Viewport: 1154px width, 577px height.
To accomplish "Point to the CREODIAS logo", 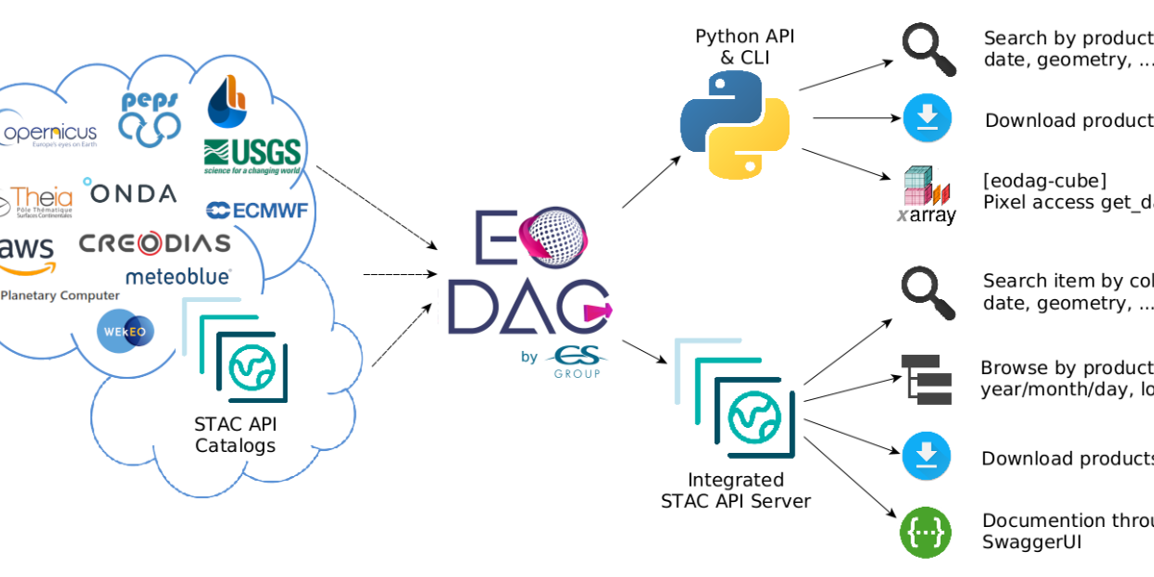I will coord(155,243).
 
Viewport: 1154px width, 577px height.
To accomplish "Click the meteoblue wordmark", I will coord(178,277).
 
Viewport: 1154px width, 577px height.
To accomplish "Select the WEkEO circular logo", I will coord(125,330).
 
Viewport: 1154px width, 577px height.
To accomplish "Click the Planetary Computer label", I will coord(60,295).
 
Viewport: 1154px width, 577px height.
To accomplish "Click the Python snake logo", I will coord(735,125).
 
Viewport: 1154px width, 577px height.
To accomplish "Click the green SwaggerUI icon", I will coord(925,531).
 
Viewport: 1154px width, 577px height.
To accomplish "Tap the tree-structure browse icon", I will coord(926,379).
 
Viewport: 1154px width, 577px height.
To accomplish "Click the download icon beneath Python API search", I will coord(927,119).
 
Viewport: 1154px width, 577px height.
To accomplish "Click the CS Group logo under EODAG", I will coord(574,363).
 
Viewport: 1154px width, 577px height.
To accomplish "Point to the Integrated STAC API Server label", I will coord(736,490).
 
